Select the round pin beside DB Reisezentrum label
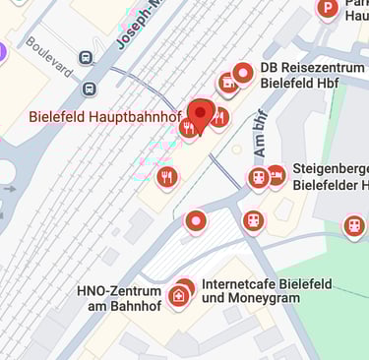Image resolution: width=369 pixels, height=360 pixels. coord(243,73)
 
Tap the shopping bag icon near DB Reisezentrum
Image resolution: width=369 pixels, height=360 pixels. coord(227,84)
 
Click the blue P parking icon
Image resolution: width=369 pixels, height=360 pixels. coord(328,10)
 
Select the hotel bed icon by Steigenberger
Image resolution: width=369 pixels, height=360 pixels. coord(277,175)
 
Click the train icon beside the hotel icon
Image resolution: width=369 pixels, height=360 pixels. coord(258,178)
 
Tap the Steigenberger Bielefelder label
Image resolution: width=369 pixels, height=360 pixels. coord(331,177)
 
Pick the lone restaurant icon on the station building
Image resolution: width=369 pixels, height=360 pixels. coord(167,177)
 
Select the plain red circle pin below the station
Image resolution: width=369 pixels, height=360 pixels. coord(197,221)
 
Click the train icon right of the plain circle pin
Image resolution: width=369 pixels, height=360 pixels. coord(253,219)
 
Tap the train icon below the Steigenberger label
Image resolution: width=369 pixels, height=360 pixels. coord(354,226)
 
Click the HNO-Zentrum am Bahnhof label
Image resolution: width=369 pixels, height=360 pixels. coord(120,299)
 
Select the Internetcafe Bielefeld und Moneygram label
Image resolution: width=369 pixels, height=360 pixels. coord(267,291)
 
